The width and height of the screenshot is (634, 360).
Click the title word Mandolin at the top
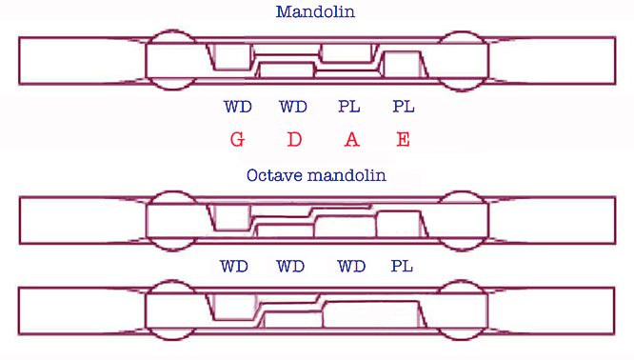pyautogui.click(x=317, y=12)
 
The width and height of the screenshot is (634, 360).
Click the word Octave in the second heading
pyautogui.click(x=272, y=175)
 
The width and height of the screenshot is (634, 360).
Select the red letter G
pyautogui.click(x=237, y=139)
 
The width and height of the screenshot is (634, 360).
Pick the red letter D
pyautogui.click(x=294, y=139)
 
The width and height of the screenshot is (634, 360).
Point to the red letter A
pyautogui.click(x=351, y=139)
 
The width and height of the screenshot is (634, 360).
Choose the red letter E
pyautogui.click(x=404, y=139)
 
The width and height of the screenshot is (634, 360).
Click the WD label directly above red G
pyautogui.click(x=237, y=106)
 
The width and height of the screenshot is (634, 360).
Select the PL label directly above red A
pyautogui.click(x=349, y=106)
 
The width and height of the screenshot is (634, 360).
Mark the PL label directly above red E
pyautogui.click(x=404, y=106)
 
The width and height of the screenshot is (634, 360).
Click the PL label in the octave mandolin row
pyautogui.click(x=403, y=267)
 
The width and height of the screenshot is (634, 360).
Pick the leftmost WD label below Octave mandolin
pyautogui.click(x=234, y=267)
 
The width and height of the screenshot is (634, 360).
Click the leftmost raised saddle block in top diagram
pyautogui.click(x=231, y=57)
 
